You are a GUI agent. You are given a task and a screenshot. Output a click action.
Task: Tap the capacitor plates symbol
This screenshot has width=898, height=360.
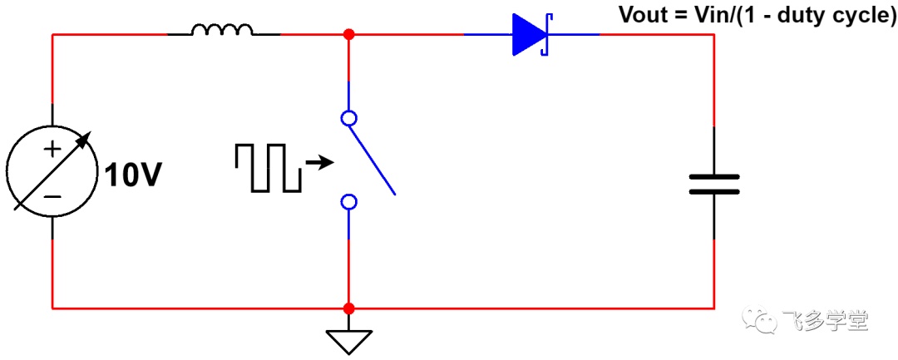[x=713, y=185]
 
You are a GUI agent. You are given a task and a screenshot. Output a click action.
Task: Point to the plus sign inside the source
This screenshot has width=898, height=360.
[x=52, y=150]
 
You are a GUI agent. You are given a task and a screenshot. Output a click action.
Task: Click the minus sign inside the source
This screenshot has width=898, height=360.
[x=52, y=197]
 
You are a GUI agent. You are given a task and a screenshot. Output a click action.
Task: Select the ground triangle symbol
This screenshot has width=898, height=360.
[x=348, y=342]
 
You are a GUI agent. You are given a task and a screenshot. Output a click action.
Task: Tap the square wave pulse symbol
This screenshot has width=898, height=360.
[x=268, y=167]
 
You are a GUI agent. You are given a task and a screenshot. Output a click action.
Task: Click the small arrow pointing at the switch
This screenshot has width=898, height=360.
[x=319, y=164]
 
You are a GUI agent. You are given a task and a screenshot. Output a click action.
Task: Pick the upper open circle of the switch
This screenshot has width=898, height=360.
[x=348, y=118]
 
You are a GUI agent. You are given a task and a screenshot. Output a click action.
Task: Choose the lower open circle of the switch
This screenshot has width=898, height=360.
[x=348, y=202]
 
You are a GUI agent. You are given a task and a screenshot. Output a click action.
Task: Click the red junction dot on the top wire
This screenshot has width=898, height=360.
[x=348, y=34]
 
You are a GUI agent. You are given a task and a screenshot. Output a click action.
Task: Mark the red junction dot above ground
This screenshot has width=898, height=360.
[x=348, y=309]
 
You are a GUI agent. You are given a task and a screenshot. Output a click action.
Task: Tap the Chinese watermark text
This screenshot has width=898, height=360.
[x=825, y=321]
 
